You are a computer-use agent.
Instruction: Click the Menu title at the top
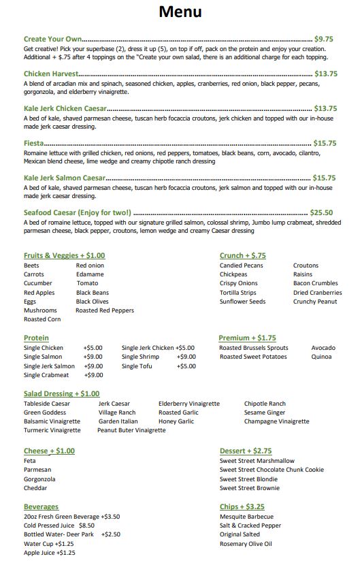180,12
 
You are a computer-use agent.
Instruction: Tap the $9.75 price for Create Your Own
323,39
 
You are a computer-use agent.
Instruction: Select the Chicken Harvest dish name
51,74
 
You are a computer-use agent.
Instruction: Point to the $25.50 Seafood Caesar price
321,212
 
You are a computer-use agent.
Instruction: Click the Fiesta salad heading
33,143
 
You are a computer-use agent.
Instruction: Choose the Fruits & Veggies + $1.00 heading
64,256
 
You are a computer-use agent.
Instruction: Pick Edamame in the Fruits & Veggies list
90,274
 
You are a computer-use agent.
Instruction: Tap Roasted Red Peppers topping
105,310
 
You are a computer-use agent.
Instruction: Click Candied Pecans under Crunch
241,265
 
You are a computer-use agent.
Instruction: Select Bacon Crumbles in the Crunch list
315,283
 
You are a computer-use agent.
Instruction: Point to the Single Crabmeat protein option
47,375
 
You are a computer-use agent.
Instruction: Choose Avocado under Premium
323,348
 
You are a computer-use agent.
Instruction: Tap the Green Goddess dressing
45,413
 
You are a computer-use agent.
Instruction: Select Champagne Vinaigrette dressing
276,421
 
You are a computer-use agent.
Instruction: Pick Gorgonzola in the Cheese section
39,479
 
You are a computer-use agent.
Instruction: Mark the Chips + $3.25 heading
242,507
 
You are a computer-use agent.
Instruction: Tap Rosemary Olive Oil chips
246,544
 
